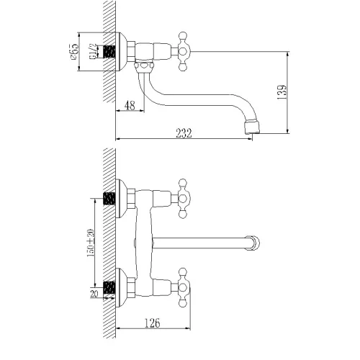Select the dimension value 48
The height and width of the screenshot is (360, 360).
pyautogui.click(x=130, y=104)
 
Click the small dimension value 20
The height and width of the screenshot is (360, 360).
pyautogui.click(x=94, y=294)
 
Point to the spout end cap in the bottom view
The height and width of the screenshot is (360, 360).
pyautogui.click(x=253, y=241)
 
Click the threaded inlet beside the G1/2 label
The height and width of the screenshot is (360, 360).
pyautogui.click(x=110, y=53)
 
